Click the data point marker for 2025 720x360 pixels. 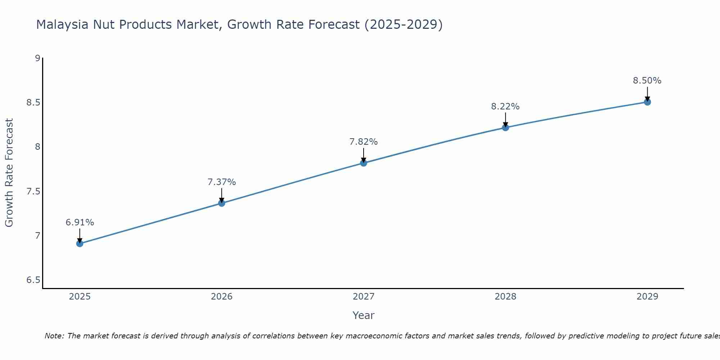[x=80, y=244]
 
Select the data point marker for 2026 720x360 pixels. [x=221, y=203]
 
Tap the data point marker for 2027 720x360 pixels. [x=364, y=163]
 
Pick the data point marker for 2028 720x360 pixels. [x=505, y=127]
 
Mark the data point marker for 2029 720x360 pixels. [x=647, y=102]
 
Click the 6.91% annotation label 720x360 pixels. [x=80, y=222]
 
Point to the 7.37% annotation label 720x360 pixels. [x=221, y=182]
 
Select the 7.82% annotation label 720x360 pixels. [x=364, y=142]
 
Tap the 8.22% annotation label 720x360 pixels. [x=505, y=107]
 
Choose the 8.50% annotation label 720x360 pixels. [x=647, y=81]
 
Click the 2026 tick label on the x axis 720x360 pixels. [x=221, y=297]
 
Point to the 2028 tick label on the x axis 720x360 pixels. [x=505, y=297]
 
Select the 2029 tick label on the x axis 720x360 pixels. [x=647, y=297]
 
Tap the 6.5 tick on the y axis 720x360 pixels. [x=33, y=280]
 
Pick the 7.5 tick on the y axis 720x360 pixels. [x=33, y=191]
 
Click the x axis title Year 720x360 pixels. [x=364, y=315]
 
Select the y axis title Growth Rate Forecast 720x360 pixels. [x=9, y=173]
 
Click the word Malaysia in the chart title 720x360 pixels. [x=62, y=24]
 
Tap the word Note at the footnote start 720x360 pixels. [x=54, y=336]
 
